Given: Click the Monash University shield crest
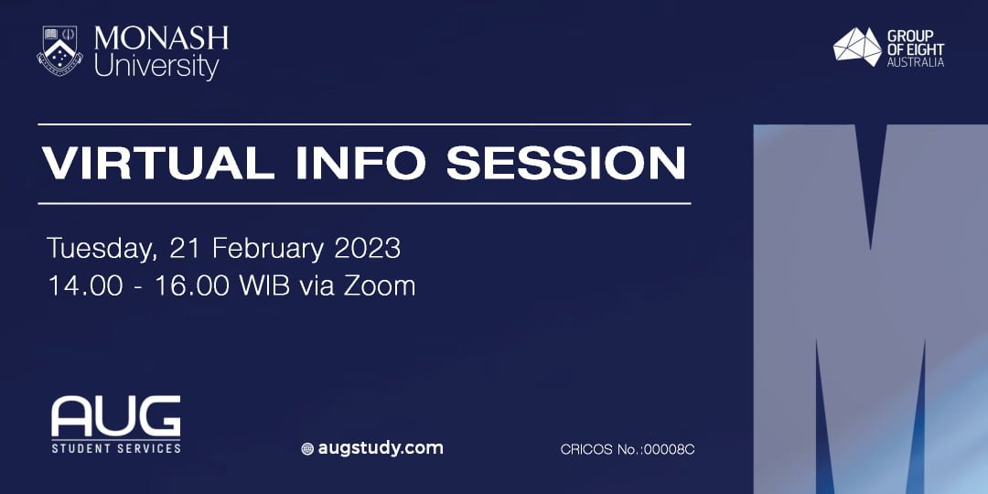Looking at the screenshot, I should [60, 49].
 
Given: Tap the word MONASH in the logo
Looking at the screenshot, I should [161, 39].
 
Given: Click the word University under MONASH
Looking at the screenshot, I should [156, 67].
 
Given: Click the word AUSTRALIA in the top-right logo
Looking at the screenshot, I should [915, 62].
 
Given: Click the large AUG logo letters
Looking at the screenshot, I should [115, 417].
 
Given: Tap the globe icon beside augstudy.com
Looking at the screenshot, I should [307, 449].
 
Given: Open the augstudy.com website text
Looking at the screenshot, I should [381, 448].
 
